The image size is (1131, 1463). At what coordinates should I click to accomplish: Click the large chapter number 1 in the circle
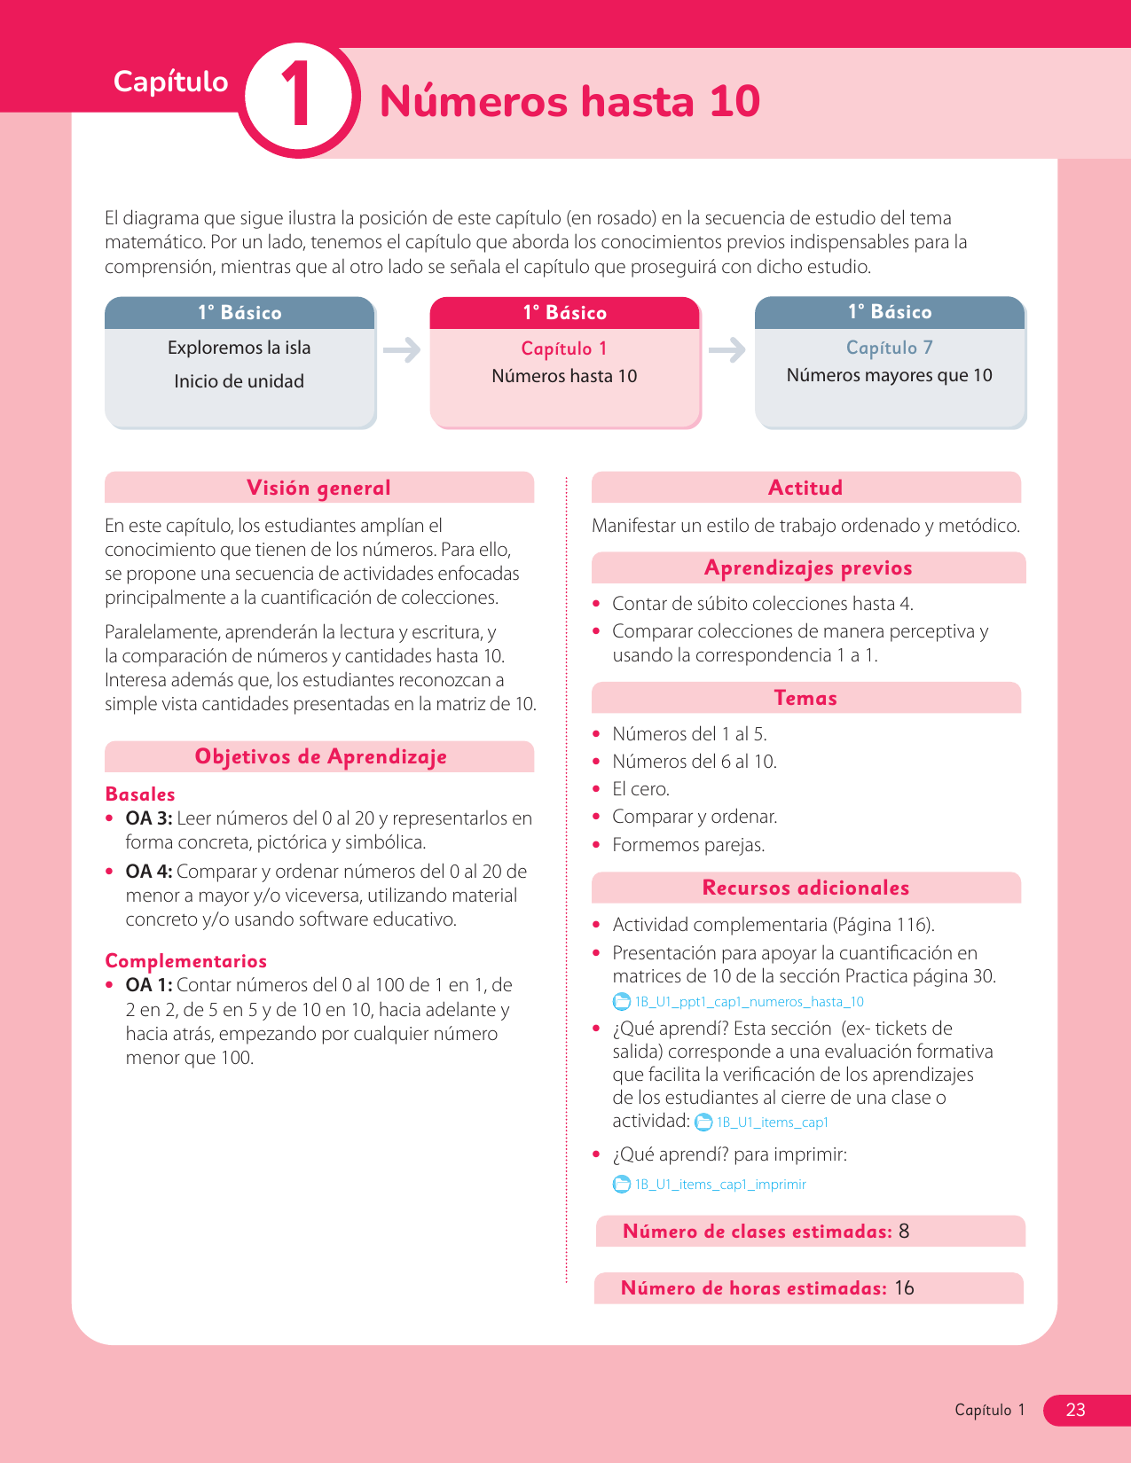(297, 97)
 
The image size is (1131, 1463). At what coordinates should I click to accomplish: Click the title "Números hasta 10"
(569, 101)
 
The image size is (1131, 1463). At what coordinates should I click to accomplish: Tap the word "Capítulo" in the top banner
(170, 82)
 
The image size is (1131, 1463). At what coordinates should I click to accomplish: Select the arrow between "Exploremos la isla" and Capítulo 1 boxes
(402, 350)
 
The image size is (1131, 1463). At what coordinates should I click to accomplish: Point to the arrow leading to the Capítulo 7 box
(727, 350)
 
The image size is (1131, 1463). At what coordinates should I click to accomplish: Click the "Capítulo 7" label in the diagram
(889, 348)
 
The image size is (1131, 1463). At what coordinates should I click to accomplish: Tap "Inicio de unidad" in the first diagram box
(239, 381)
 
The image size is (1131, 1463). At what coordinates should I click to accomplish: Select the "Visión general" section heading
(318, 488)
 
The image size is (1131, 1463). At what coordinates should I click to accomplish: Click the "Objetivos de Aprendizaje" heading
(320, 756)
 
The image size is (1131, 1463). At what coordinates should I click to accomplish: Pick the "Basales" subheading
(140, 794)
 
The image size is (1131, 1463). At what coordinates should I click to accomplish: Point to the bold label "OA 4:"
(148, 872)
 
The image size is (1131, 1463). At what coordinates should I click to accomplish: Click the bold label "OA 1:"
(148, 985)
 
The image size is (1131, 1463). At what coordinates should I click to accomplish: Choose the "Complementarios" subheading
(185, 961)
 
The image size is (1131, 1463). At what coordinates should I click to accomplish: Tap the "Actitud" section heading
(805, 488)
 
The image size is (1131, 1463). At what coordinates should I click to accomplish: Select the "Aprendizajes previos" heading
(807, 567)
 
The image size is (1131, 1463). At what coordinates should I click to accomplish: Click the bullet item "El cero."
(640, 789)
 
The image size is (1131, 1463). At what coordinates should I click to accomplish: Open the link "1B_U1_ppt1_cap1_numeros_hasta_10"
(749, 1002)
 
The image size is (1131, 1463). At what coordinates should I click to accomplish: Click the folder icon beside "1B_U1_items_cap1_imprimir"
(622, 1185)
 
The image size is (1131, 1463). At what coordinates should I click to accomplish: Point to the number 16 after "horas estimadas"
(904, 1288)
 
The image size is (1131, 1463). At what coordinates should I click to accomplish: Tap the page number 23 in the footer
(1075, 1410)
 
